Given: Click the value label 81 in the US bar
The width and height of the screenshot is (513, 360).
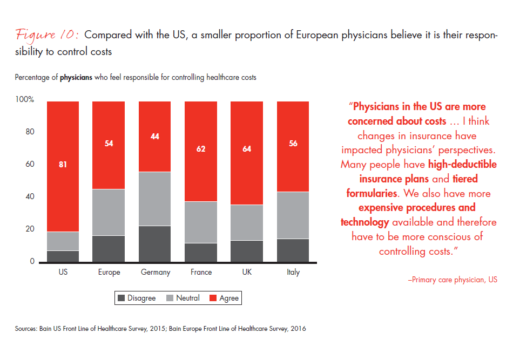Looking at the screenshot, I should click(63, 165).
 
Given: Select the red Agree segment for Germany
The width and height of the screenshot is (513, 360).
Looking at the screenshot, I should click(155, 136).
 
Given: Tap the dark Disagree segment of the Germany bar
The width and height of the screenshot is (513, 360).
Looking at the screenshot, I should click(155, 243).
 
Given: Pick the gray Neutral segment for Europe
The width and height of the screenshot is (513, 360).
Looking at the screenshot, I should click(109, 212).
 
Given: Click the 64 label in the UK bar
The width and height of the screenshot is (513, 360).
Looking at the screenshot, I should click(247, 149).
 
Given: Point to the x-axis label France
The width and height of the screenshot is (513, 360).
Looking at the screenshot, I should click(201, 273).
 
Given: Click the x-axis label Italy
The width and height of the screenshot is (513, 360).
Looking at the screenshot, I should click(293, 273).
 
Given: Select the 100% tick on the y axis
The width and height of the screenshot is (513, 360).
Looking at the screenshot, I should click(25, 100).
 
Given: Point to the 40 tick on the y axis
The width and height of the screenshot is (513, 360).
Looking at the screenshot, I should click(29, 197).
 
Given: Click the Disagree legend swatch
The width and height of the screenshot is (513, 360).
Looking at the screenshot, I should click(120, 298).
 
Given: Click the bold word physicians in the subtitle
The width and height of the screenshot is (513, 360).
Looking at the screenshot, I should click(76, 77).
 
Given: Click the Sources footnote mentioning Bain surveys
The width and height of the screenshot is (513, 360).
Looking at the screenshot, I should click(160, 328).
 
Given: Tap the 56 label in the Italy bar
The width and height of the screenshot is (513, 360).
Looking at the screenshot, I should click(293, 144).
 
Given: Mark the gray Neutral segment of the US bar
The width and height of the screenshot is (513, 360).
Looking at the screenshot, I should click(63, 241).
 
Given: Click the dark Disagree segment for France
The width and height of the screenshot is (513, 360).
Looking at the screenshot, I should click(201, 252).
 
